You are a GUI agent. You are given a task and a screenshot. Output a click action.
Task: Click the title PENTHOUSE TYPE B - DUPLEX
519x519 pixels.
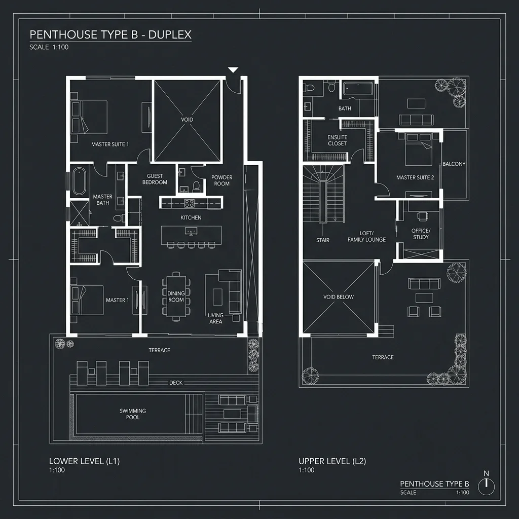pyautogui.click(x=110, y=34)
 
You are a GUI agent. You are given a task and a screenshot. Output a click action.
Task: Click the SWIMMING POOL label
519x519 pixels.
pyautogui.click(x=133, y=414)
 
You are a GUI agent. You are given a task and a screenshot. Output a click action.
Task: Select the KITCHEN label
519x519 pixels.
pyautogui.click(x=191, y=217)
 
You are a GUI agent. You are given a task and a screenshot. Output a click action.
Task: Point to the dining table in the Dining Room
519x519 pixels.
pyautogui.click(x=176, y=296)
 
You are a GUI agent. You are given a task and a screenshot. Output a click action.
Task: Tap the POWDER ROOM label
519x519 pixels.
pyautogui.click(x=221, y=180)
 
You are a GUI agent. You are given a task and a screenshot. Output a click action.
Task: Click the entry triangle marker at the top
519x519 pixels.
pyautogui.click(x=233, y=70)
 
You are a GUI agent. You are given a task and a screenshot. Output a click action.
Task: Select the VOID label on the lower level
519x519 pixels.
pyautogui.click(x=187, y=120)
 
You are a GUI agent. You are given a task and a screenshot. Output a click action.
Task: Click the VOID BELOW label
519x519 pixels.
pyautogui.click(x=338, y=296)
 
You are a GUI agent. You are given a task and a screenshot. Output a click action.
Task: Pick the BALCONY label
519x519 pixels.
pyautogui.click(x=454, y=164)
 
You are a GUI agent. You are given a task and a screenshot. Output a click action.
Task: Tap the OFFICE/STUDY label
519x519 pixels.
pyautogui.click(x=420, y=234)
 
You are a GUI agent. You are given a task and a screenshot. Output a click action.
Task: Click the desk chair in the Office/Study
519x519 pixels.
pyautogui.click(x=422, y=216)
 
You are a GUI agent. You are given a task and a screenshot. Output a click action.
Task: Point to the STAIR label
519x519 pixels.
pyautogui.click(x=322, y=240)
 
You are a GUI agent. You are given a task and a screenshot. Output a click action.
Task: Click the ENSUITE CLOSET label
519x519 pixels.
pyautogui.click(x=337, y=140)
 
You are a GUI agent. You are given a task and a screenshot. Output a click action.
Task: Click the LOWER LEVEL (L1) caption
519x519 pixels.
pyautogui.click(x=84, y=461)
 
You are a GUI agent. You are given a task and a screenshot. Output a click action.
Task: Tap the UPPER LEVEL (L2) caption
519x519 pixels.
pyautogui.click(x=332, y=461)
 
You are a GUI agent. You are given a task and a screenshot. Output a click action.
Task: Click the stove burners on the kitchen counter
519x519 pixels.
pyautogui.click(x=190, y=203)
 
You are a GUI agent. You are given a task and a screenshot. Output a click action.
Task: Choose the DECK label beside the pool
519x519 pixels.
pyautogui.click(x=176, y=383)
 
